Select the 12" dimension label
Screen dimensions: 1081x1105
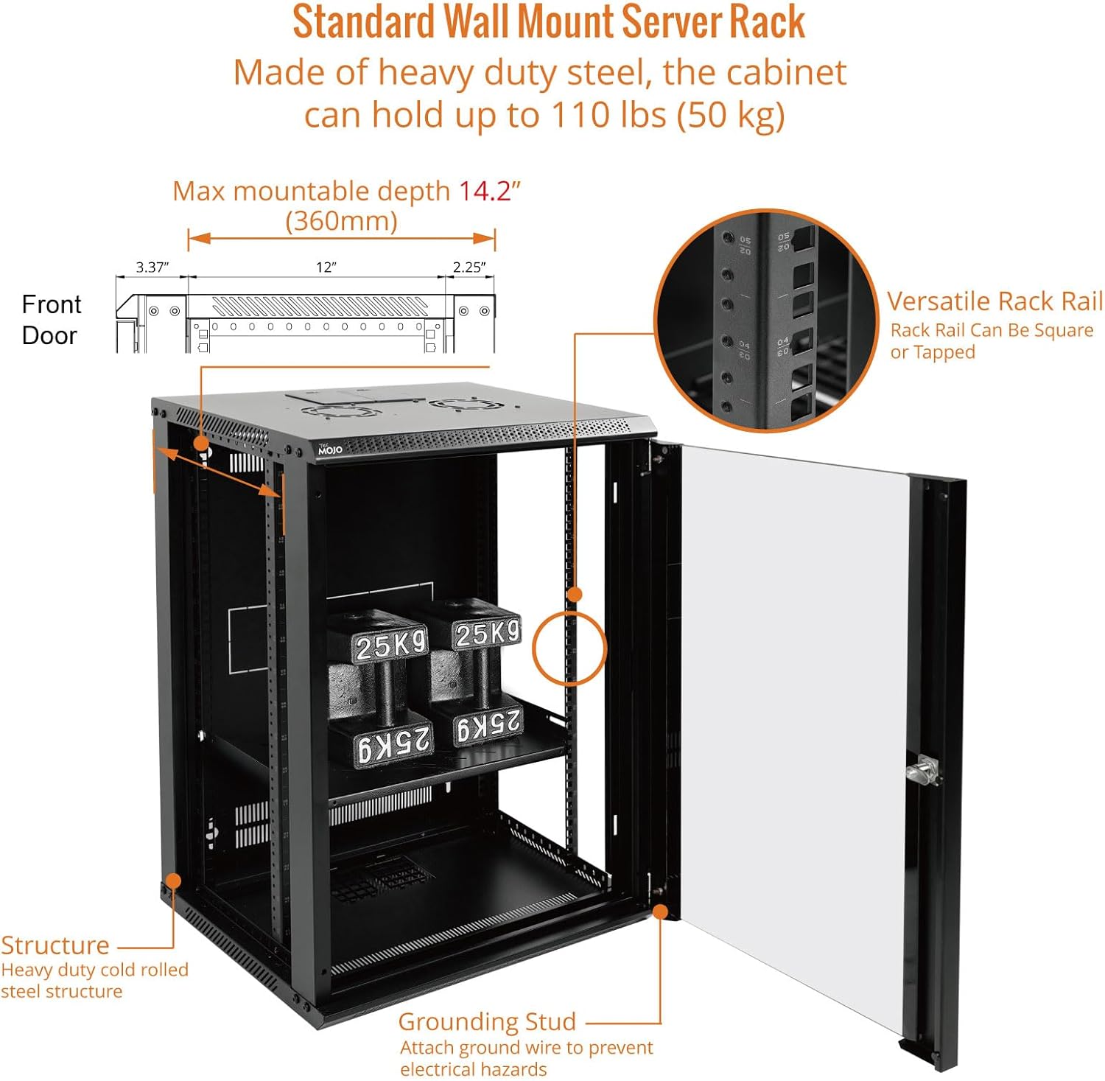click(326, 267)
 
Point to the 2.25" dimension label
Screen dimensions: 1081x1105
click(469, 267)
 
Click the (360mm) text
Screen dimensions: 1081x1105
click(341, 220)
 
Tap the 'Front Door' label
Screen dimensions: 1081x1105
click(51, 320)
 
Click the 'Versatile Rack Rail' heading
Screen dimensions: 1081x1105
click(994, 301)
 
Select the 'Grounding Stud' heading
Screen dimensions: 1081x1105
click(487, 1021)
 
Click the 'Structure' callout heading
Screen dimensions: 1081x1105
click(55, 945)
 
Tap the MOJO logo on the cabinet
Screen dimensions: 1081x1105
click(330, 449)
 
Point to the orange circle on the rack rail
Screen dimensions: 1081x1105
click(569, 648)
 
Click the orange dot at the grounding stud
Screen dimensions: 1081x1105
click(661, 912)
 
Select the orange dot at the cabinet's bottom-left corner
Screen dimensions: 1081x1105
click(173, 881)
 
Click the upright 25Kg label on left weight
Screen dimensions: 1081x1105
click(390, 646)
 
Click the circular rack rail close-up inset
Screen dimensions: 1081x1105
click(766, 321)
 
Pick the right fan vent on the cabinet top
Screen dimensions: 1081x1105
click(455, 404)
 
